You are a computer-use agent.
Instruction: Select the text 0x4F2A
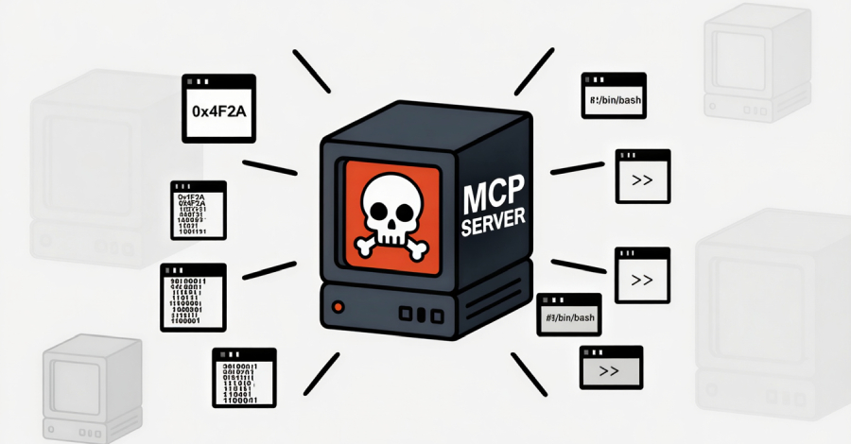click(218, 111)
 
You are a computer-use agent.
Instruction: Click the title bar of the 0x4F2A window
click(218, 81)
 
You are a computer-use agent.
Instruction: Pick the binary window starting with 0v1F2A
click(199, 210)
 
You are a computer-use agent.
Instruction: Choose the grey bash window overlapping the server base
click(569, 316)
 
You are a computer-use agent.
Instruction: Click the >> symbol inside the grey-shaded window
click(609, 371)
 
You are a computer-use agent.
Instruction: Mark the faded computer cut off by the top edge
click(756, 57)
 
